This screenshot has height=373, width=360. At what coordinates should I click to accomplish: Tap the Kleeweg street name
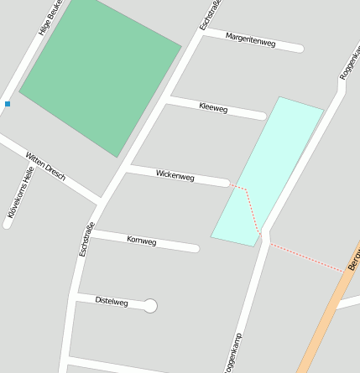point(214,107)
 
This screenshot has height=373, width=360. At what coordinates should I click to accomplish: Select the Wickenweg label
point(175,176)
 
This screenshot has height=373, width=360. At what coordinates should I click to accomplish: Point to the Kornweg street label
point(141,241)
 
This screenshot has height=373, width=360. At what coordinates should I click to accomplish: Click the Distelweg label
point(112,300)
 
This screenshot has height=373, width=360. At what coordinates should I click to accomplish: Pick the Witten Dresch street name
point(46,166)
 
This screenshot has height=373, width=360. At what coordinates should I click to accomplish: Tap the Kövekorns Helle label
point(20,193)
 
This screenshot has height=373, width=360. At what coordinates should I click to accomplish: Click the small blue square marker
point(8,104)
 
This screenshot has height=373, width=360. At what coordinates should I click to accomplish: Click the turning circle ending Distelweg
point(150,306)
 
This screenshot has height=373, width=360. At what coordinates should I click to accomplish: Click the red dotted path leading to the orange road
point(306,258)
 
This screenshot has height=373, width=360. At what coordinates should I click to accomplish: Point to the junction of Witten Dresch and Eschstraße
point(101,201)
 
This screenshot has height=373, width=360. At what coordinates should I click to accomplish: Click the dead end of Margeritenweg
point(298,48)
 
